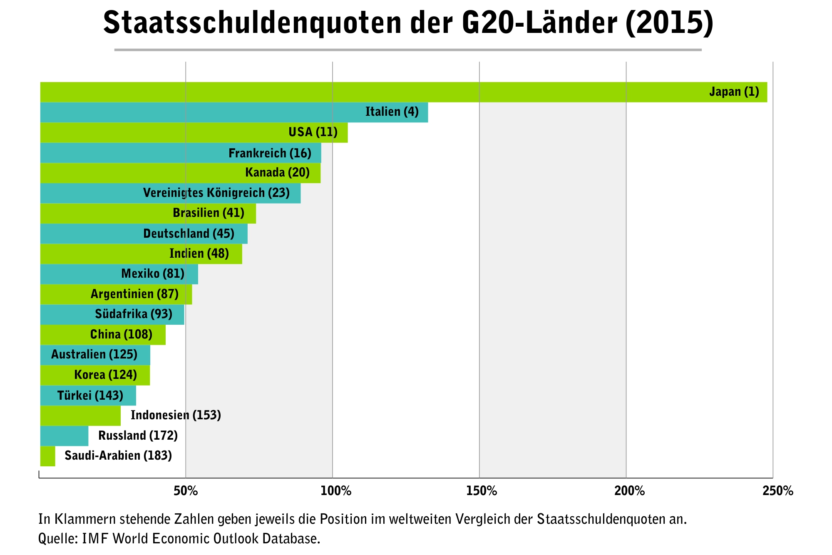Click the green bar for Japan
[x=375, y=92]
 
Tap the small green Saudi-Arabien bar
[x=47, y=456]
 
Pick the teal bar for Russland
[x=64, y=436]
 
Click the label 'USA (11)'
[x=313, y=132]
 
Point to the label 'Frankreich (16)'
[x=270, y=153]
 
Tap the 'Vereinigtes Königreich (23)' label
[x=216, y=193]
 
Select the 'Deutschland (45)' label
[x=189, y=234]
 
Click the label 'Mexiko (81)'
[x=153, y=274]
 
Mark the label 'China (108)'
[x=121, y=334]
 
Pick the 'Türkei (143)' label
[x=90, y=395]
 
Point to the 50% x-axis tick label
[x=186, y=491]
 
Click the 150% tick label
[x=482, y=491]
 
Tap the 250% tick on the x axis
[x=777, y=491]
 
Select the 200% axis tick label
[x=629, y=491]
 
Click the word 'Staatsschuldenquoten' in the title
[x=252, y=23]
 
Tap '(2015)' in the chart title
[x=669, y=23]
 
